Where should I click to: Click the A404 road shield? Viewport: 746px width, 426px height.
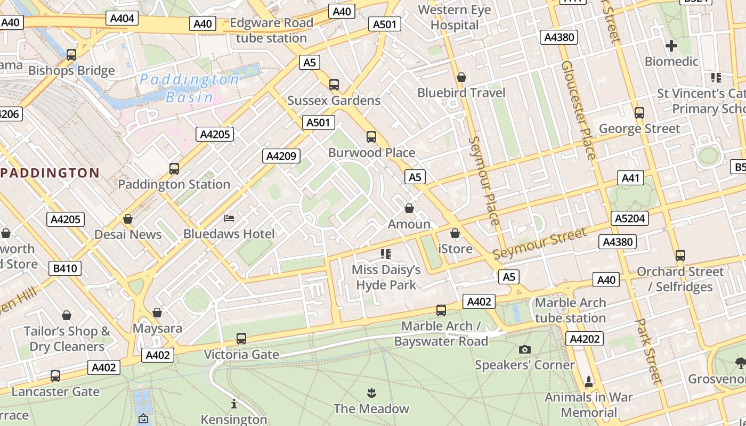[x=122, y=19]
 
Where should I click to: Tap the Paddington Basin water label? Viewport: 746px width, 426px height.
[x=189, y=88]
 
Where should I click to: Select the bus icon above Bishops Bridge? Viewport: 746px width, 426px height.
[x=71, y=54]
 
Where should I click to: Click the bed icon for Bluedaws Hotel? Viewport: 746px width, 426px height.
[x=229, y=218]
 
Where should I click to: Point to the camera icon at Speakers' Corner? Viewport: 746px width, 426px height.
[x=525, y=349]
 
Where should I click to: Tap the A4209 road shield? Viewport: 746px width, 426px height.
[x=281, y=156]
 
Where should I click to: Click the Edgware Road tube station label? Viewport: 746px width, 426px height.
[x=271, y=30]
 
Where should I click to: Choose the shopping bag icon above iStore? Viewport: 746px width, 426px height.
[x=455, y=233]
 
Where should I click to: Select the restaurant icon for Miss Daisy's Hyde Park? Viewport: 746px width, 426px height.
[x=386, y=253]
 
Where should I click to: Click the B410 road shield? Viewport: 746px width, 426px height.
[x=65, y=268]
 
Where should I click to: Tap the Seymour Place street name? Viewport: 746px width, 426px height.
[x=484, y=181]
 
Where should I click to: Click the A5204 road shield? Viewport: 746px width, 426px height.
[x=629, y=218]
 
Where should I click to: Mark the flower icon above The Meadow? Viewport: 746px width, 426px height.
[x=371, y=394]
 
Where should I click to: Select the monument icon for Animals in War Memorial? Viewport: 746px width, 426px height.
[x=589, y=381]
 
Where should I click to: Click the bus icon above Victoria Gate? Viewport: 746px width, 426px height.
[x=241, y=338]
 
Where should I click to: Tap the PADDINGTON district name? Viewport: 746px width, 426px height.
[x=50, y=173]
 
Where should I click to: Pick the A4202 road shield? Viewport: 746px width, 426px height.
[x=585, y=339]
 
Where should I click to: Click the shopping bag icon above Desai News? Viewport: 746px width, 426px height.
[x=128, y=219]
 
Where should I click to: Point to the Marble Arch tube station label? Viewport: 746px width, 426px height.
[x=570, y=310]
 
